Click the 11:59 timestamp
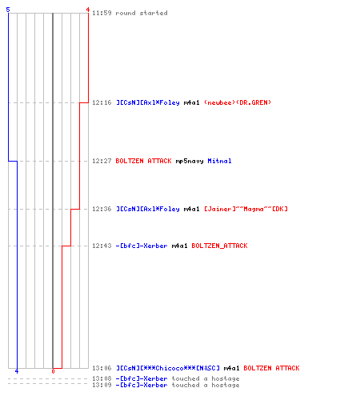[102, 13]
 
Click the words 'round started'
[142, 13]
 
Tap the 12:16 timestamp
[102, 102]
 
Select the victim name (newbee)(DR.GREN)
[238, 102]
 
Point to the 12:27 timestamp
[102, 161]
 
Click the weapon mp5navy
[190, 162]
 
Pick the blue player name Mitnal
[219, 161]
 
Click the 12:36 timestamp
[102, 209]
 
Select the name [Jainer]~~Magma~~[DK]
[246, 209]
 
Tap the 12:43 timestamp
[102, 246]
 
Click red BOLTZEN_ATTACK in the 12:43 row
[219, 246]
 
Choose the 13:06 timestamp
[102, 368]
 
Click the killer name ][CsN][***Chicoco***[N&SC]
[168, 368]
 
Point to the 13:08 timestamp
[102, 378]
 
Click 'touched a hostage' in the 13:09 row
[206, 386]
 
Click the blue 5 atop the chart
[8, 10]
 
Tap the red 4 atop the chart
[88, 10]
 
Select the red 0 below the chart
[53, 371]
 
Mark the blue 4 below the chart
[17, 371]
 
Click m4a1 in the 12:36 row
[191, 209]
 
